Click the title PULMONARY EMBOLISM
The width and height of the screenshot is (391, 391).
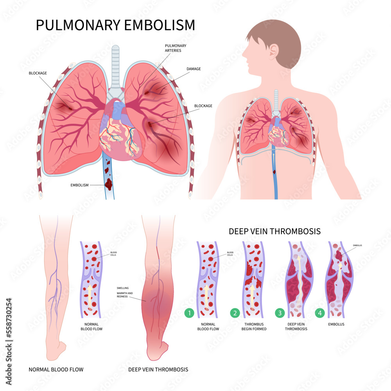(x=115, y=25)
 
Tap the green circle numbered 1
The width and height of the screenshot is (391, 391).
(x=189, y=313)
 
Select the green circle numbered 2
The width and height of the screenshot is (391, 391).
(x=235, y=313)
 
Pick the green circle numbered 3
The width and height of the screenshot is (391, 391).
(x=280, y=313)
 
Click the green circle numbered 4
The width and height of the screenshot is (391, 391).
(x=319, y=313)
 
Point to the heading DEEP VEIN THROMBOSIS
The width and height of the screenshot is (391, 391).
(x=274, y=231)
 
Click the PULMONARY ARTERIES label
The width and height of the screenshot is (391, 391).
(x=176, y=48)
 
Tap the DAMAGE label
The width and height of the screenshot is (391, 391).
(x=194, y=69)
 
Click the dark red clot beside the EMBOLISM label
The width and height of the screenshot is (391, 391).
(x=109, y=182)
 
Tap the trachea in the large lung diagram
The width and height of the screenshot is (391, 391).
(x=115, y=66)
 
